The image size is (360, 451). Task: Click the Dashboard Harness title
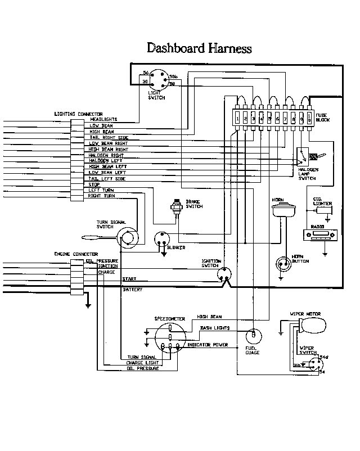pyautogui.click(x=199, y=48)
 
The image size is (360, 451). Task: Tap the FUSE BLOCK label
pyautogui.click(x=322, y=118)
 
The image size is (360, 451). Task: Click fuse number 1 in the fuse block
pyautogui.click(x=238, y=119)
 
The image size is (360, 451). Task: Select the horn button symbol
pyautogui.click(x=282, y=262)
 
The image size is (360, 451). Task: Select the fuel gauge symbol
pyautogui.click(x=253, y=336)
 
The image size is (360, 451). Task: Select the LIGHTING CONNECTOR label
pyautogui.click(x=78, y=114)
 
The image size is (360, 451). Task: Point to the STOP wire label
pyautogui.click(x=94, y=184)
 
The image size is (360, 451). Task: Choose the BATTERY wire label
pyautogui.click(x=133, y=290)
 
